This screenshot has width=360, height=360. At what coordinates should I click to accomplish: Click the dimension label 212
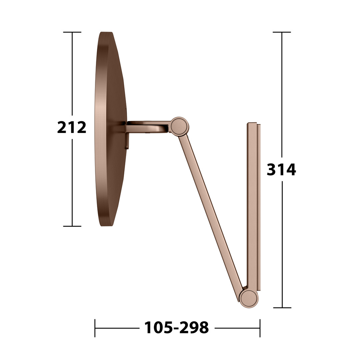(x=72, y=127)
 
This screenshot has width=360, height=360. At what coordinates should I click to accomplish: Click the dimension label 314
(x=281, y=170)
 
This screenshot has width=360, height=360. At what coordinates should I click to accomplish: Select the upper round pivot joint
(x=179, y=126)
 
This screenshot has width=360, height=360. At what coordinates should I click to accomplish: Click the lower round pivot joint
(x=249, y=299)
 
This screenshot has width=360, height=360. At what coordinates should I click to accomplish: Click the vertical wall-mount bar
(x=254, y=207)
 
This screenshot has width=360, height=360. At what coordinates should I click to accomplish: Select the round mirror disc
(x=111, y=129)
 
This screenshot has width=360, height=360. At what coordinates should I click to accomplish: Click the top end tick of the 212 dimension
(x=72, y=32)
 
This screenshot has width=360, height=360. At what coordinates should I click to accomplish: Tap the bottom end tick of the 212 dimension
(x=72, y=226)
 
